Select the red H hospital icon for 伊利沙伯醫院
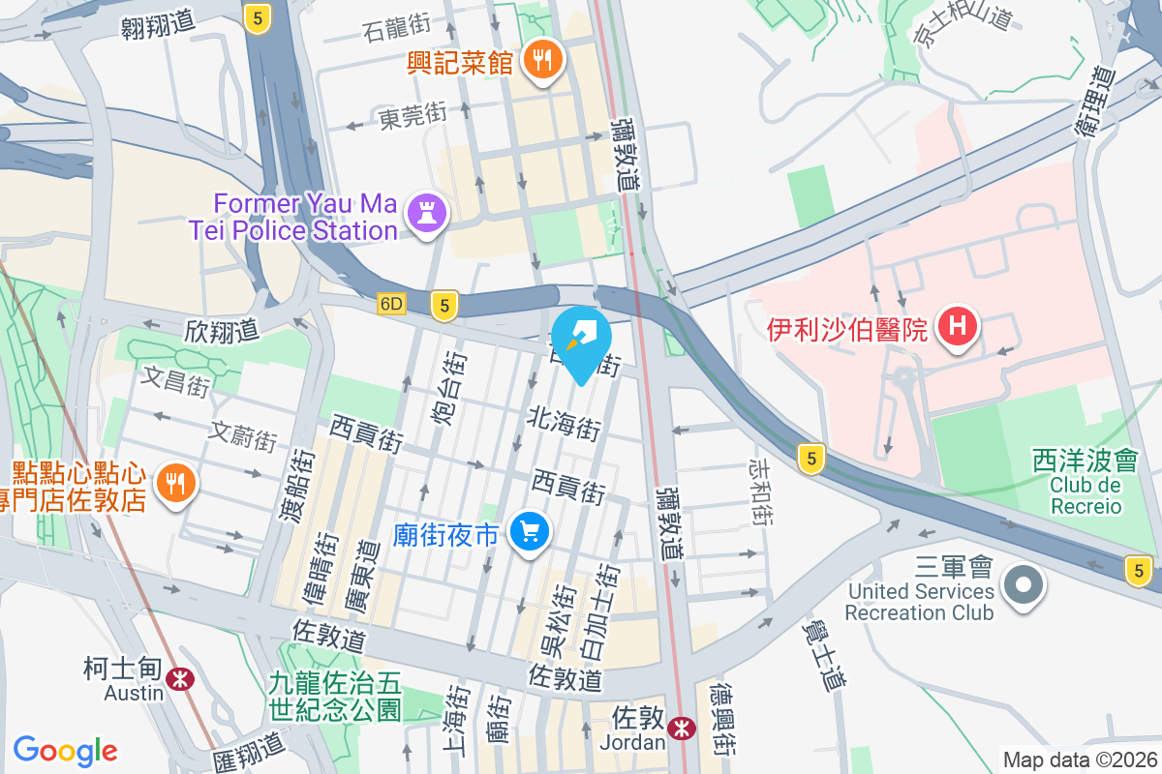coord(957,327)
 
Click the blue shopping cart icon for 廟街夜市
coord(530,531)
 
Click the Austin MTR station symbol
coord(178,678)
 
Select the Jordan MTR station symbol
coord(682,727)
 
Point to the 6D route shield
coord(391,304)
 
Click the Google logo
coord(65,751)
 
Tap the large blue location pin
coord(582,342)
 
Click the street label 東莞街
coord(413,116)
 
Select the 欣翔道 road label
coord(222,330)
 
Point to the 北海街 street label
coord(565,423)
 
